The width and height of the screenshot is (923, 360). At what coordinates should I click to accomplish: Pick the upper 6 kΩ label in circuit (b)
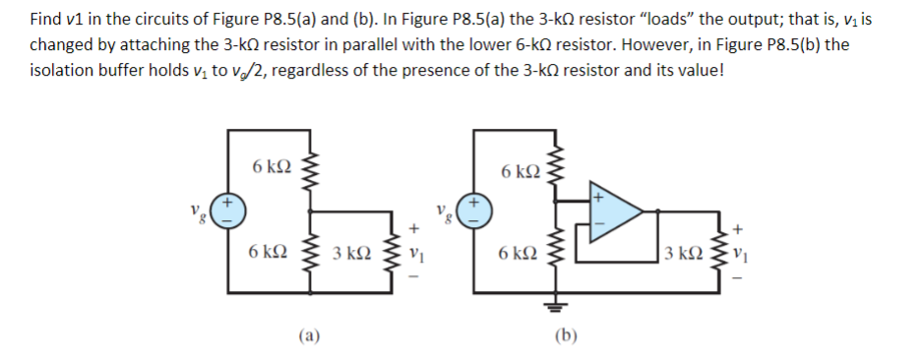pyautogui.click(x=520, y=173)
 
